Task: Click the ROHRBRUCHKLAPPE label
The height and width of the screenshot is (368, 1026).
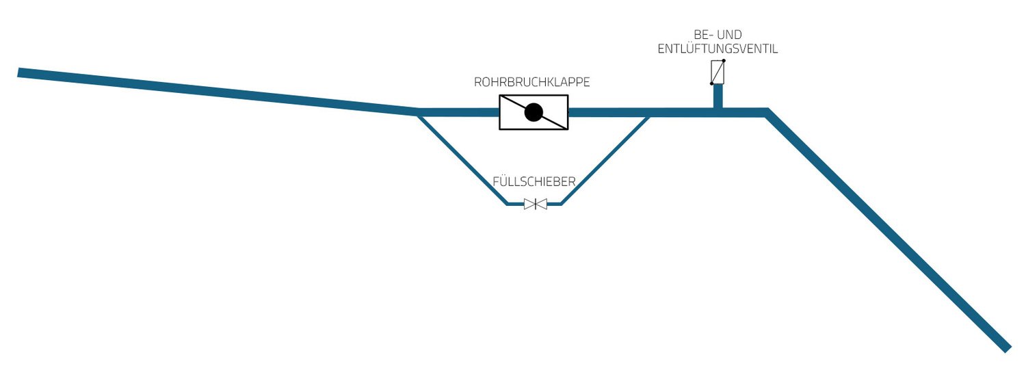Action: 532,82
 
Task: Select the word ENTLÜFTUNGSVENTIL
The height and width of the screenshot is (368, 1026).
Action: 718,49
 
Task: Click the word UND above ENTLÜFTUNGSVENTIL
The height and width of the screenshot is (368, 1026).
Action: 731,34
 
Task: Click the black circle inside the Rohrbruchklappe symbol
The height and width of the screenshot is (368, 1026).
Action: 534,113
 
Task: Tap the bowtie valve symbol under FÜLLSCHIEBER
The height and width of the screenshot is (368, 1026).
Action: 535,204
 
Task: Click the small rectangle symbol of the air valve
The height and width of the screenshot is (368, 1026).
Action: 718,72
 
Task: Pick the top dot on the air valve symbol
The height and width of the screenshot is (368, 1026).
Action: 724,61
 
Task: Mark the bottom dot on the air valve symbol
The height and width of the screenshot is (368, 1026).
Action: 712,83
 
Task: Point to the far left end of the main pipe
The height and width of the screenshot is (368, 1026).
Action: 21,73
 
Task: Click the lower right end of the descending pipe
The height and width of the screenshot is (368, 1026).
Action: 1005,347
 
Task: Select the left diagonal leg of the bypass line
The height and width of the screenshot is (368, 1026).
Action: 462,159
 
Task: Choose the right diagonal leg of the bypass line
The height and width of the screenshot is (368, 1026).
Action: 605,159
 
